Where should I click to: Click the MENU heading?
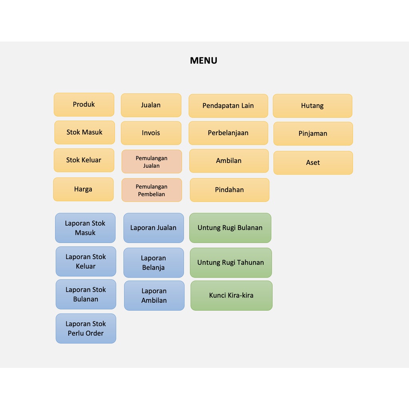(203, 61)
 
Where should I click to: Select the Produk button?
(84, 105)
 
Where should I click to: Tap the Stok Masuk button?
(85, 132)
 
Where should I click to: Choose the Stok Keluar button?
(84, 160)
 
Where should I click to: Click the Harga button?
(83, 189)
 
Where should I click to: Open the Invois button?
(151, 133)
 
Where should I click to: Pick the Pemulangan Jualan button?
(151, 161)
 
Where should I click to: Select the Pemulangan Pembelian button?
(151, 190)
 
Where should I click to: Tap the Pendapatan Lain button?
(228, 106)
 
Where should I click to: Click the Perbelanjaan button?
(228, 133)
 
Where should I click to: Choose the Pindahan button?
(230, 190)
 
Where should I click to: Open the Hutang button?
(312, 106)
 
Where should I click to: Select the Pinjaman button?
(313, 133)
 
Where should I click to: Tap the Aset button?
(313, 163)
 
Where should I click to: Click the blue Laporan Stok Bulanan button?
(86, 294)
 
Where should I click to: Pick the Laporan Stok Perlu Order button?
(86, 328)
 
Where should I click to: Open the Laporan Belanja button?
(154, 263)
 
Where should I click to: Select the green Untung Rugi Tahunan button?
(231, 263)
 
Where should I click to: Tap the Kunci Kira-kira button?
(231, 296)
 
